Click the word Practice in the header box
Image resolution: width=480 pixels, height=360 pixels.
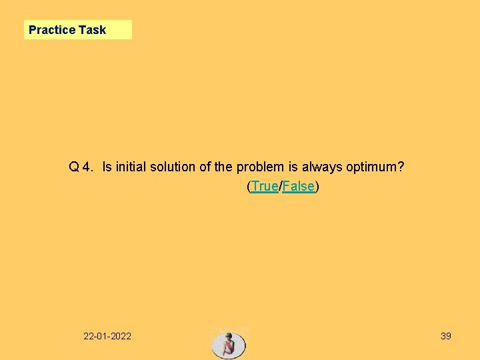coord(52,30)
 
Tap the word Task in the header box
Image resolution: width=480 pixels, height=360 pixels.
coord(92,30)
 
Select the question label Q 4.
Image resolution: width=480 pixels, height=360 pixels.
coord(81,167)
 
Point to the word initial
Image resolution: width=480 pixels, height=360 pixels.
coord(131,167)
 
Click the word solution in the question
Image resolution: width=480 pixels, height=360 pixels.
coord(172,167)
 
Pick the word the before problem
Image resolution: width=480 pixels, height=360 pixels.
coord(224,167)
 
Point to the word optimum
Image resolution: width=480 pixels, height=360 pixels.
coord(371,167)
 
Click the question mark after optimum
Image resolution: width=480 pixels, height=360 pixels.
coord(400,167)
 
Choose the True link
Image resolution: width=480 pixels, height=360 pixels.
coord(265,187)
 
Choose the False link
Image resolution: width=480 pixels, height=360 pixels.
coord(298,187)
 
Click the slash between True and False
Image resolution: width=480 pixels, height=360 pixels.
coord(281,187)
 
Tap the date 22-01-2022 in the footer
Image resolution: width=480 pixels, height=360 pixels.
coord(107,336)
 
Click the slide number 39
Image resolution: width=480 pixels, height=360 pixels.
coord(446,336)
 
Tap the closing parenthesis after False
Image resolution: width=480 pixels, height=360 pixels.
coord(317,187)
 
